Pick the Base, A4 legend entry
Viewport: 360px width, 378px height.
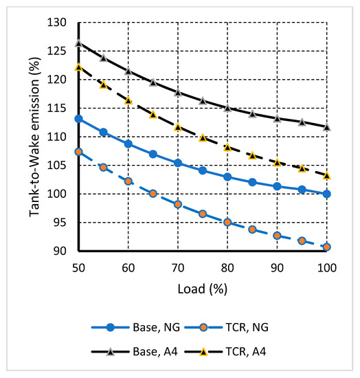[x=145, y=351]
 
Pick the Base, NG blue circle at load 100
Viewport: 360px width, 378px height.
[x=327, y=194]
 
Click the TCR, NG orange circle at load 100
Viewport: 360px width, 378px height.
[x=327, y=247]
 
